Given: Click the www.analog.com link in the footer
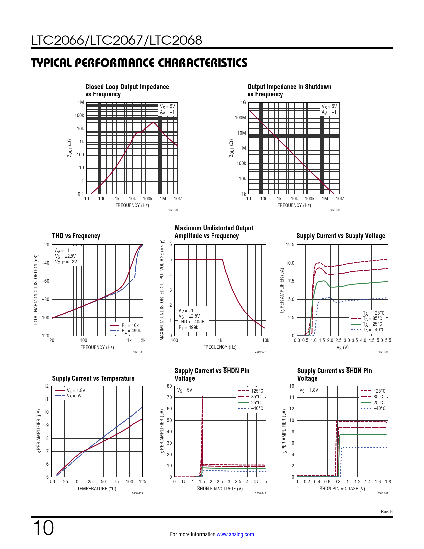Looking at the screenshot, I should click(x=235, y=534).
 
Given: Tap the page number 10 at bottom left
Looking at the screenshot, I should click(x=43, y=528).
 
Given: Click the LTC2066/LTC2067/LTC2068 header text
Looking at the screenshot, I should click(x=117, y=40).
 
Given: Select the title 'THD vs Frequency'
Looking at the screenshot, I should click(x=76, y=236).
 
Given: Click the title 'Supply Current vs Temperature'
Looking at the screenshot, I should click(x=93, y=378).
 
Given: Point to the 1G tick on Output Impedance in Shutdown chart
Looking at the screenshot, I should click(x=243, y=102).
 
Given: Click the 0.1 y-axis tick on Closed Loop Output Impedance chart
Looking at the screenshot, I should click(x=81, y=194).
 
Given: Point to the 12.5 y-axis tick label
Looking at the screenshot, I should click(x=290, y=245).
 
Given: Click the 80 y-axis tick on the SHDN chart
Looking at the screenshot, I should click(x=169, y=386).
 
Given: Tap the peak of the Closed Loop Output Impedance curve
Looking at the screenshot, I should click(x=153, y=123).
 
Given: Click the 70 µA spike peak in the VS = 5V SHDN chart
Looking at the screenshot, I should click(x=202, y=397).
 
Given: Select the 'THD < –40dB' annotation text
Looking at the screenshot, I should click(x=191, y=322).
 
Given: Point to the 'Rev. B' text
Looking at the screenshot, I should click(x=387, y=512).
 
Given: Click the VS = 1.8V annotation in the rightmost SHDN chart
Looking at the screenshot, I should click(x=309, y=390).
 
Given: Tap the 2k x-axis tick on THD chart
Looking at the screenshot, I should click(x=143, y=340).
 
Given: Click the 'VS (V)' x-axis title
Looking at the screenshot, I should click(x=342, y=347).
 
